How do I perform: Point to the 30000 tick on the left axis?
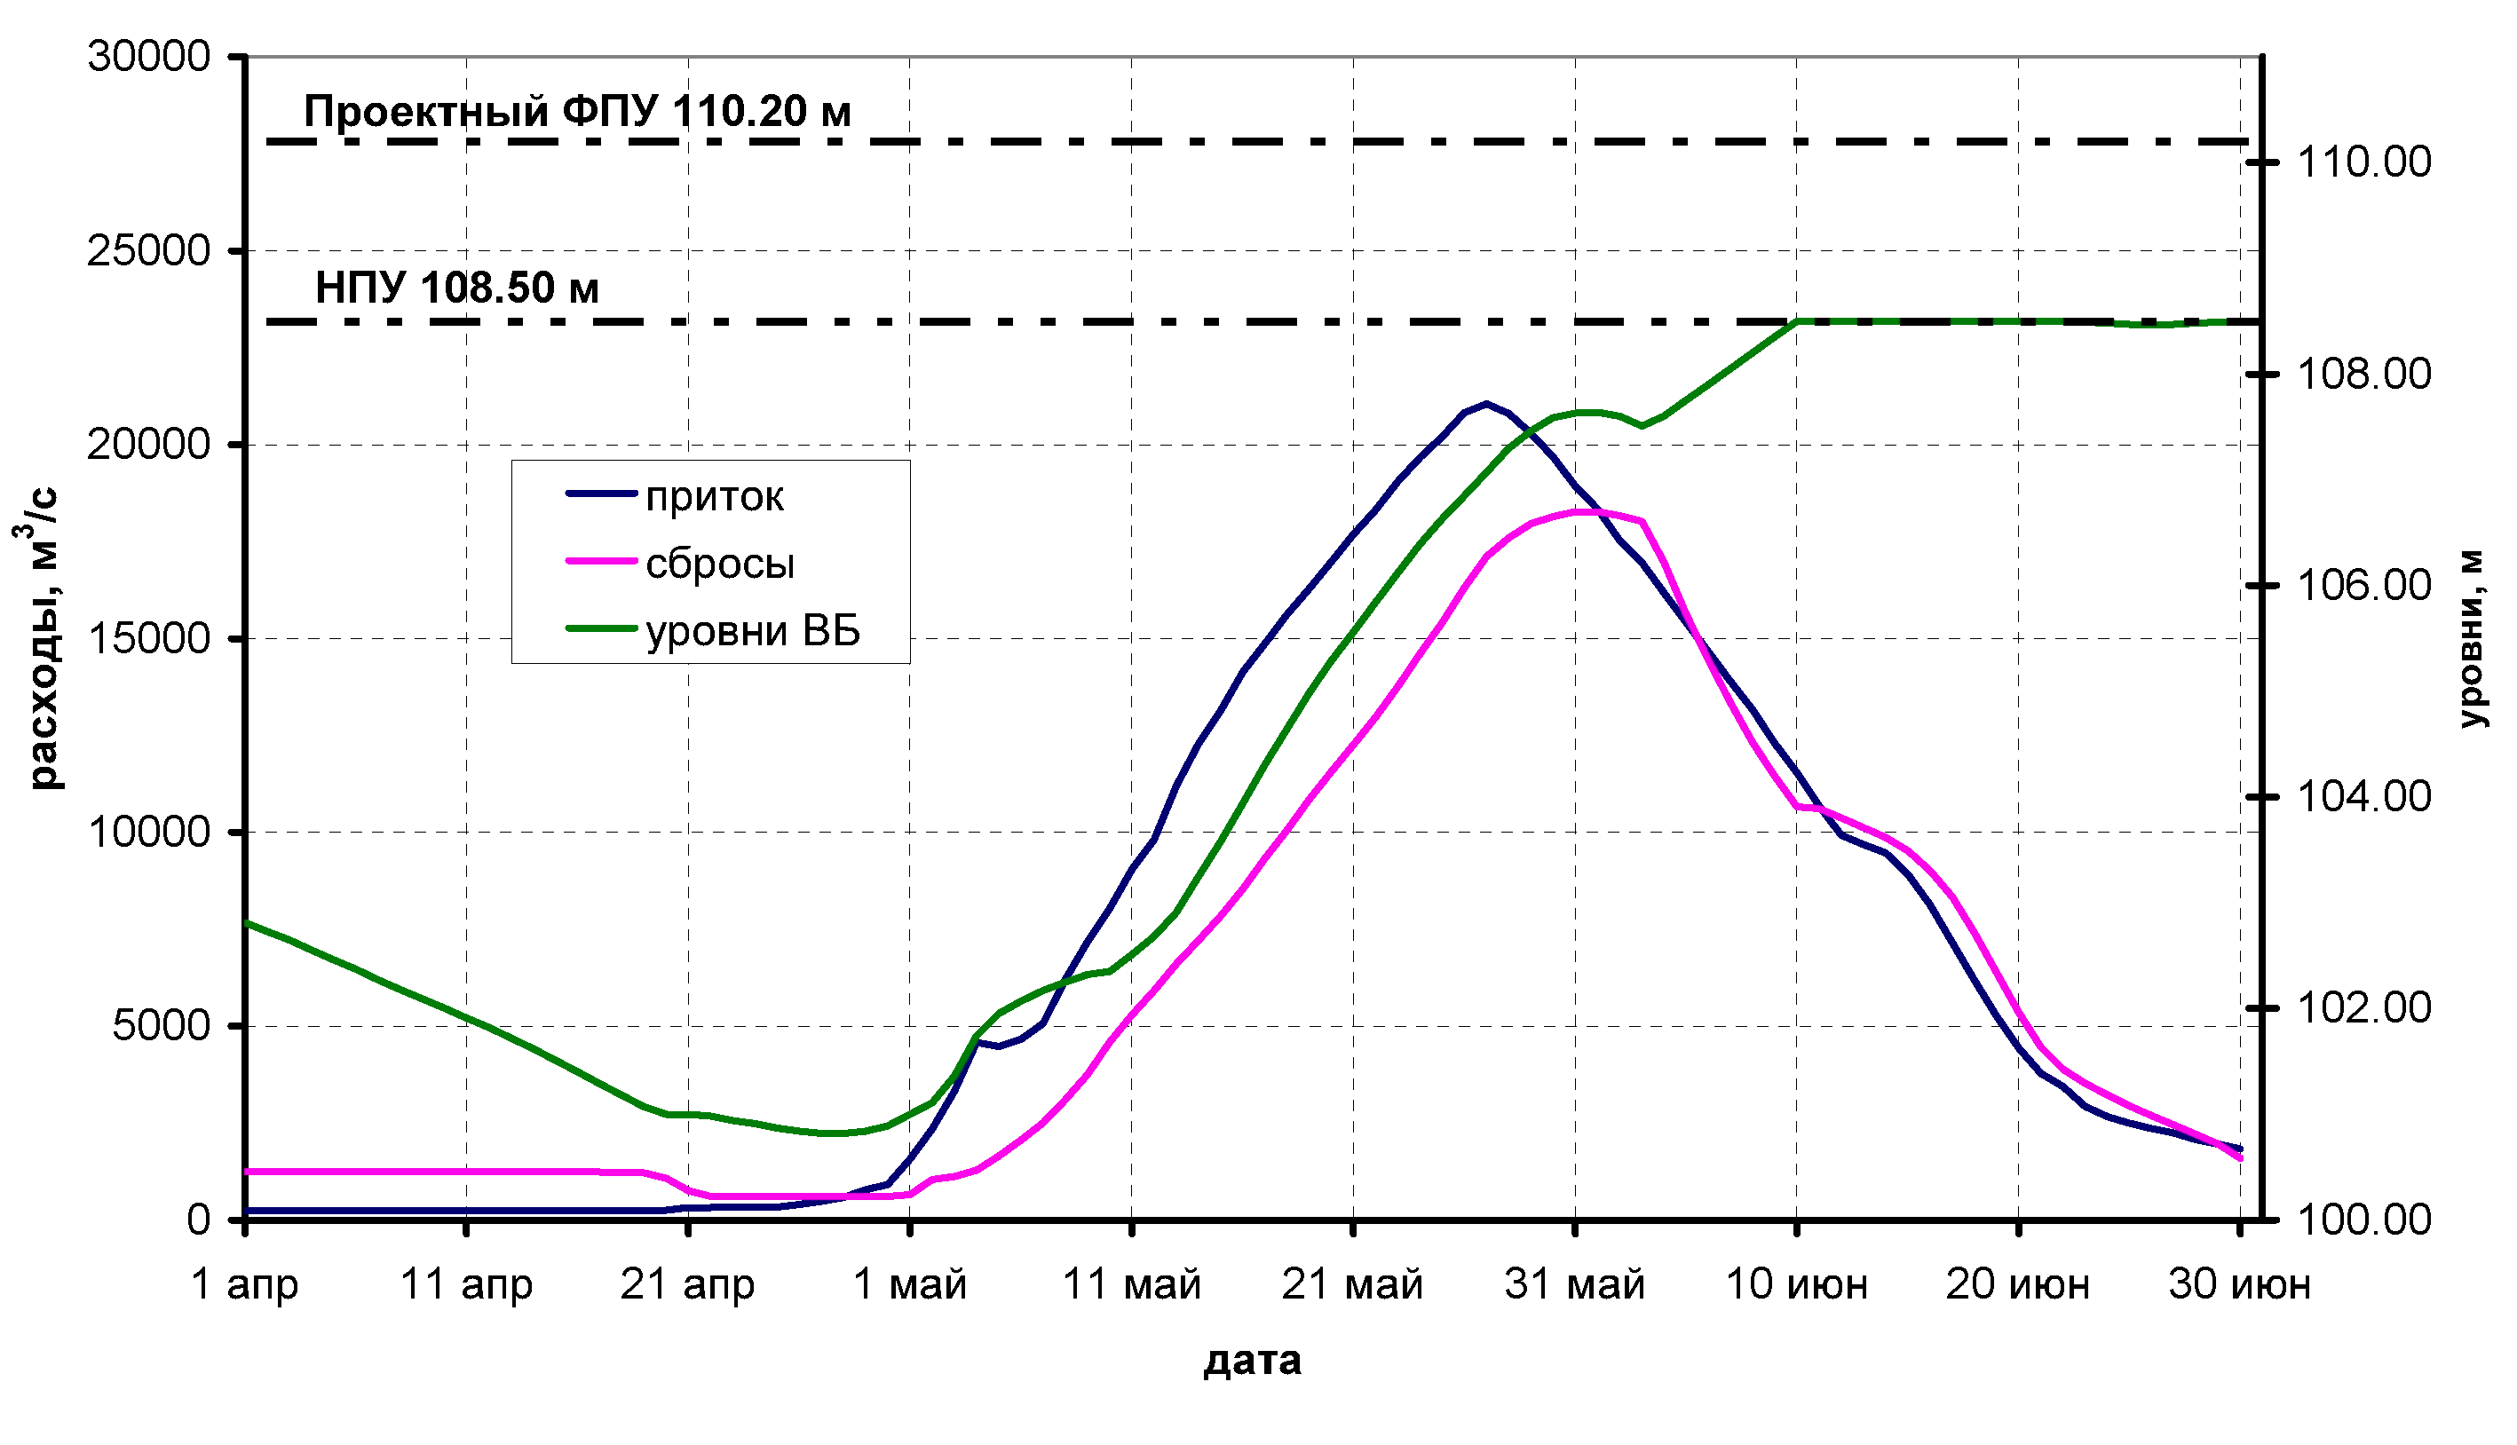(x=149, y=57)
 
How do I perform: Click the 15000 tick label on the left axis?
(x=149, y=638)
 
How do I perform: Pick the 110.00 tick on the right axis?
(x=2364, y=162)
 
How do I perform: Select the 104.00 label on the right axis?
(x=2364, y=796)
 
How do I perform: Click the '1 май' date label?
(x=909, y=1285)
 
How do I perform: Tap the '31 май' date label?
(x=1574, y=1285)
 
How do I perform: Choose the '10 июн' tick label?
(x=1796, y=1285)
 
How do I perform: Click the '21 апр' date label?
(x=687, y=1285)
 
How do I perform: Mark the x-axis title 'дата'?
(x=1253, y=1361)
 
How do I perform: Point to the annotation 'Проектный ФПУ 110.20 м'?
(x=577, y=111)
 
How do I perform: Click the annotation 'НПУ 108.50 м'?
(x=456, y=288)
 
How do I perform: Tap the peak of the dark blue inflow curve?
(x=1485, y=403)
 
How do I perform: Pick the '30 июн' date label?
(x=2239, y=1285)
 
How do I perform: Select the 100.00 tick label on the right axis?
(x=2364, y=1219)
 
